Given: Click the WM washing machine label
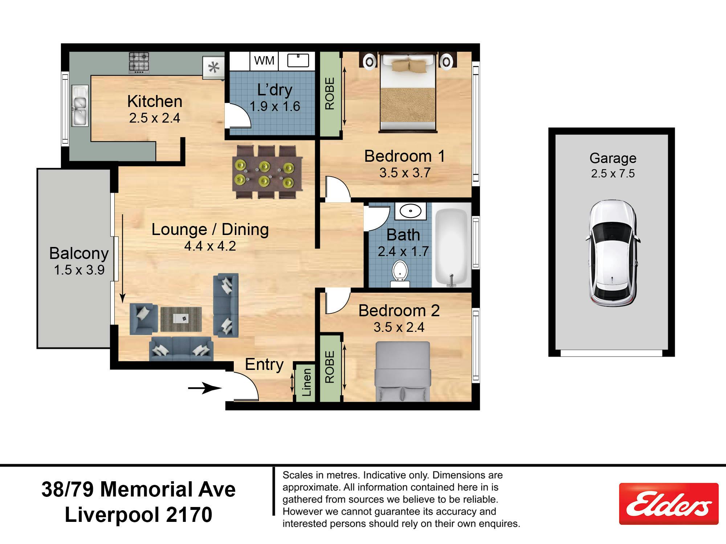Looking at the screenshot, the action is [x=264, y=60].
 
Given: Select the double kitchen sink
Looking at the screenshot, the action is [x=80, y=106].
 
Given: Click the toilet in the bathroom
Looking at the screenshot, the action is [x=400, y=274].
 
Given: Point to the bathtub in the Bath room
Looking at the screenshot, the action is [x=451, y=245].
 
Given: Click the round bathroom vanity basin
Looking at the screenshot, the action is [x=410, y=211].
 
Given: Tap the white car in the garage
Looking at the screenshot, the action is [x=613, y=253].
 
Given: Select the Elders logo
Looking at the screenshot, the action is [x=669, y=503].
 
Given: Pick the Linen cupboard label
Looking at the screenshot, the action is [x=307, y=382].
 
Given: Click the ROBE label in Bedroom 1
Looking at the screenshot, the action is [x=330, y=94].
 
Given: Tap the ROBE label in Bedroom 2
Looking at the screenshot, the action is [x=330, y=367].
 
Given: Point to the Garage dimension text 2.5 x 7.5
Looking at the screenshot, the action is [x=613, y=173].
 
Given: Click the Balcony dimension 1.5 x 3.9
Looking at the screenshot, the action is [x=79, y=270].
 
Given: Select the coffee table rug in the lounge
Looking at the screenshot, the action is [x=181, y=319].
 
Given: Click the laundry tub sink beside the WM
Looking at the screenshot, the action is [x=298, y=61].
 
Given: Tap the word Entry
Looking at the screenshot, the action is [x=264, y=364].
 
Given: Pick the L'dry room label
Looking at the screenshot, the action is [x=275, y=90].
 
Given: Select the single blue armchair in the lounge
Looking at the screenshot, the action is [x=144, y=319].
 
